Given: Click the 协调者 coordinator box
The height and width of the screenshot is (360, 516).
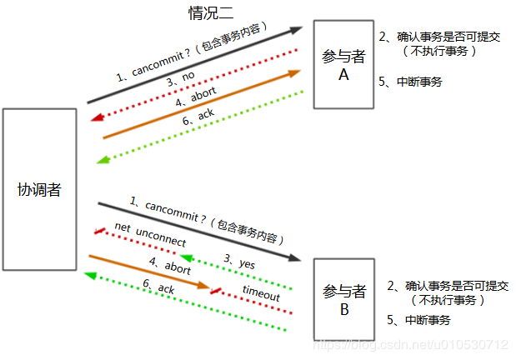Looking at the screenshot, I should tap(39, 189).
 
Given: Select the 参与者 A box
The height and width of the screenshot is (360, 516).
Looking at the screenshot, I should tap(343, 64).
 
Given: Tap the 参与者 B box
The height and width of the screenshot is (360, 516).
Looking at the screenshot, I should tap(343, 299).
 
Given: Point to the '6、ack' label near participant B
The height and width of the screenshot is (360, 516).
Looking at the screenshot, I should tap(158, 287).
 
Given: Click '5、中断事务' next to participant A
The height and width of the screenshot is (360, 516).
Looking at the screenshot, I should tap(410, 82).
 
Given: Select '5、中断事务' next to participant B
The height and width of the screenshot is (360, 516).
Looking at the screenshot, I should tap(418, 321).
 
